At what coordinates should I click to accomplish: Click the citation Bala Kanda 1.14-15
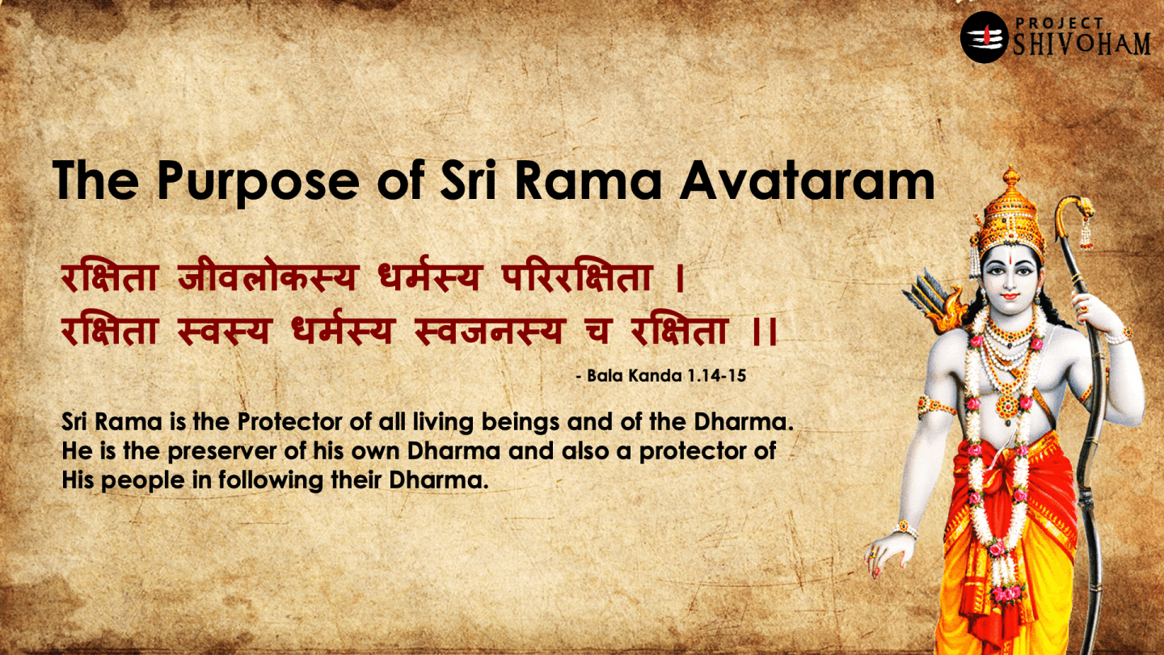(665, 376)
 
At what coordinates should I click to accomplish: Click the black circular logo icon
(984, 37)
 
